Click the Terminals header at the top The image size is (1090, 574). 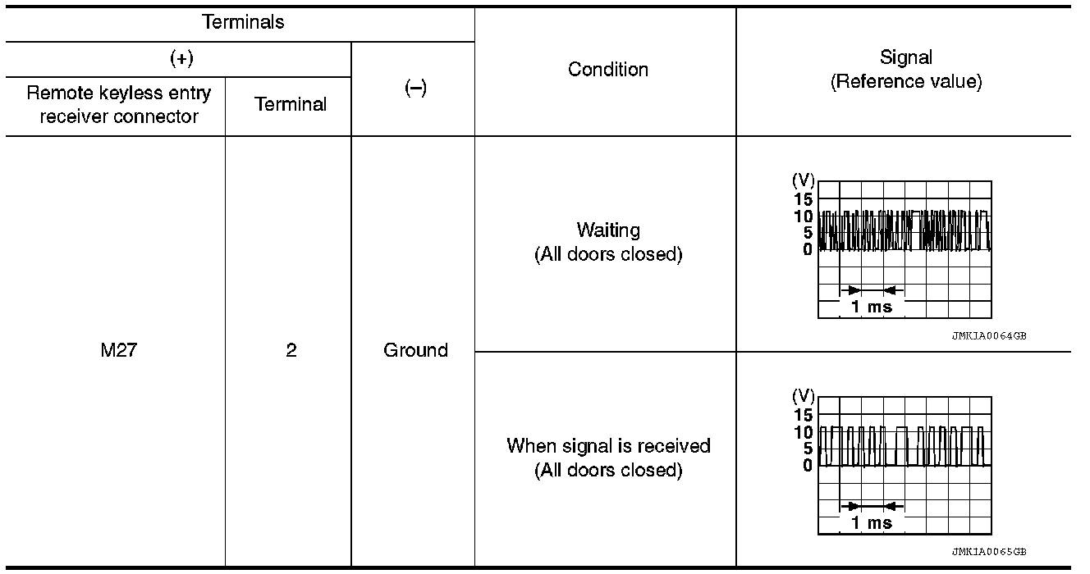243,22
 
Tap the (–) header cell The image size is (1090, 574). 415,89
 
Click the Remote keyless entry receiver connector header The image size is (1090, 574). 119,104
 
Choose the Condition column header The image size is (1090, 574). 607,70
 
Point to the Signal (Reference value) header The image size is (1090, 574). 905,70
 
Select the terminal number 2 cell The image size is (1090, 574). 291,351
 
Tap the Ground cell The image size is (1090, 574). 415,351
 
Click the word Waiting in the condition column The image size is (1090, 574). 608,230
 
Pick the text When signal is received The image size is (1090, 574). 608,446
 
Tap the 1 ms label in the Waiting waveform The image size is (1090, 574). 871,307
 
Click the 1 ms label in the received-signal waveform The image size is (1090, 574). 871,523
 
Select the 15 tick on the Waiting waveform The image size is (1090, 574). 803,199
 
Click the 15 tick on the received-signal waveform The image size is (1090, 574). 803,415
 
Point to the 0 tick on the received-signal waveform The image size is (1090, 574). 808,465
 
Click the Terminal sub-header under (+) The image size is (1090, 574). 291,104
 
